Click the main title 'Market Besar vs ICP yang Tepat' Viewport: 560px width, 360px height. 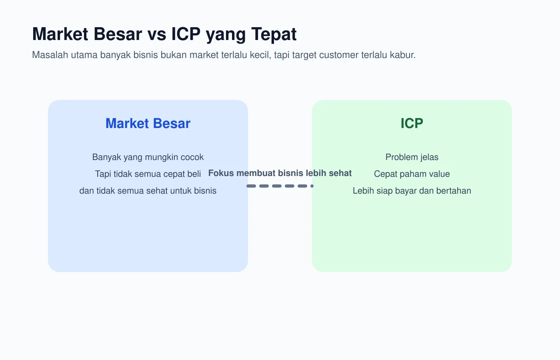(164, 34)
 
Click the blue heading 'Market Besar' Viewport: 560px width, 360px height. (148, 123)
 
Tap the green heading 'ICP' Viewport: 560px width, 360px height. (412, 123)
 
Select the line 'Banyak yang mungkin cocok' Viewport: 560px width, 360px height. (148, 157)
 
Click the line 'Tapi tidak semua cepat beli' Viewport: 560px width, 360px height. (148, 174)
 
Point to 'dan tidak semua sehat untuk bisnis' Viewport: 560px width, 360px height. (148, 191)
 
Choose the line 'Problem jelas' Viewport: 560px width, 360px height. (412, 157)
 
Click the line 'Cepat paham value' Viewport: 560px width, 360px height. (412, 174)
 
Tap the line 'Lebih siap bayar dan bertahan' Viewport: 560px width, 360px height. (412, 191)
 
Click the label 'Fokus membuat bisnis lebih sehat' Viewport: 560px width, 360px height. (280, 173)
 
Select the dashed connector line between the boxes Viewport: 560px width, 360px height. (280, 186)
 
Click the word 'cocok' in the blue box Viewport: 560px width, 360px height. (193, 157)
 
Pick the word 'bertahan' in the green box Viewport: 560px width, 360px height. (455, 191)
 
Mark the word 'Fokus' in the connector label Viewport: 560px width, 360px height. (221, 173)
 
